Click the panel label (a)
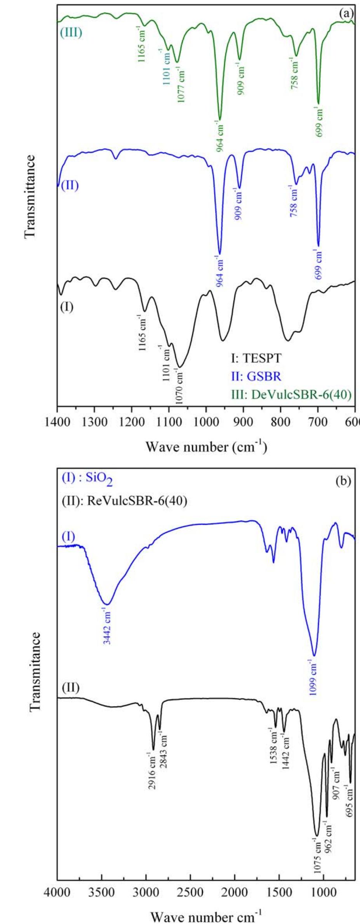[x=346, y=14]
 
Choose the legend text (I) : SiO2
[x=87, y=482]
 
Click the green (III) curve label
[x=71, y=32]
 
